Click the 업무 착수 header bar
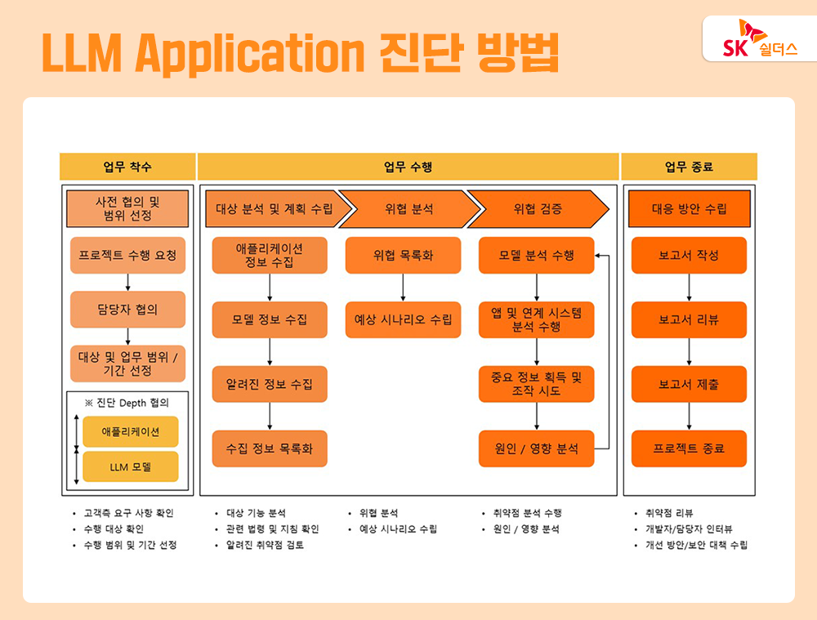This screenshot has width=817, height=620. (127, 167)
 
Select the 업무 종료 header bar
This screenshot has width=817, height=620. (689, 167)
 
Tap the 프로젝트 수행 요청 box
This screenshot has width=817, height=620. (127, 256)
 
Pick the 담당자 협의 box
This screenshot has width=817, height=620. (127, 310)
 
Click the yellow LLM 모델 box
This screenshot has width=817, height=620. (131, 467)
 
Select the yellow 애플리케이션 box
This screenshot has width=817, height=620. (131, 431)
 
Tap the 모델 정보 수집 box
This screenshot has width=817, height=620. (270, 319)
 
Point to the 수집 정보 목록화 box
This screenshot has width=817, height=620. (270, 448)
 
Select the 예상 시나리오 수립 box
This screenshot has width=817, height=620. (403, 319)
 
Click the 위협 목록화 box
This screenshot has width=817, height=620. (403, 256)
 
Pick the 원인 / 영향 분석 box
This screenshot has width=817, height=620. (536, 448)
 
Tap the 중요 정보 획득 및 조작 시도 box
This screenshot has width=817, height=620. (536, 384)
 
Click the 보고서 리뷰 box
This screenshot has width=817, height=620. (689, 319)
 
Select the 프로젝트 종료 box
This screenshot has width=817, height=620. (689, 448)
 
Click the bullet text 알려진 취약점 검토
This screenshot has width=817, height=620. (265, 545)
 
